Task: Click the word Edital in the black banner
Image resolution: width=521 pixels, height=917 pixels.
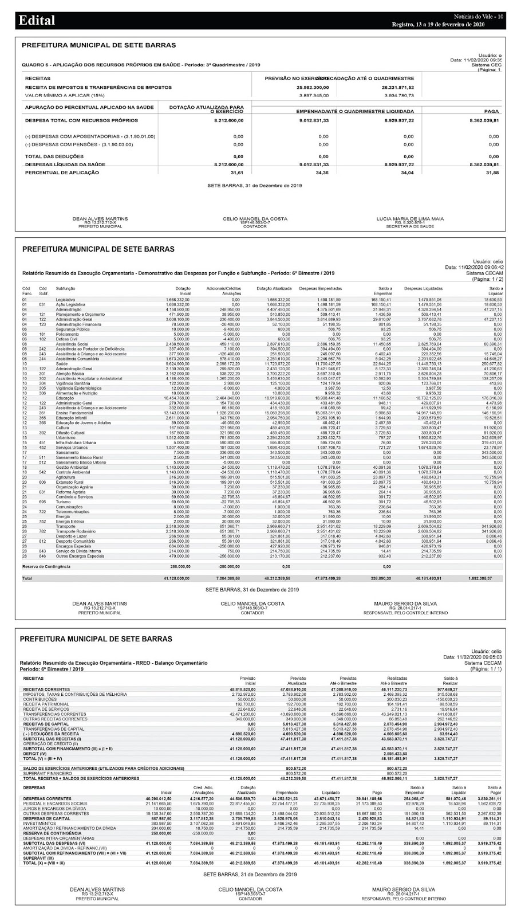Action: pos(37,21)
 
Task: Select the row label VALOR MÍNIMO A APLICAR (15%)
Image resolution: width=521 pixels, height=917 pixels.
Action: pos(65,96)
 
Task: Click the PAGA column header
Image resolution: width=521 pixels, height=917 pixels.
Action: pos(491,111)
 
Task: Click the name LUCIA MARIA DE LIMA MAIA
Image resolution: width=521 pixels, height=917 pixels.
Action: pos(410,219)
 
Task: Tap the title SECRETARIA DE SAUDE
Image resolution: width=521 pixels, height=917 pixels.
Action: pos(410,227)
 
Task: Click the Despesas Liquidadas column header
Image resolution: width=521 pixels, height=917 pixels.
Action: pos(423,289)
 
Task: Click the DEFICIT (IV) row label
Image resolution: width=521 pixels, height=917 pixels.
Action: pos(35,753)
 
